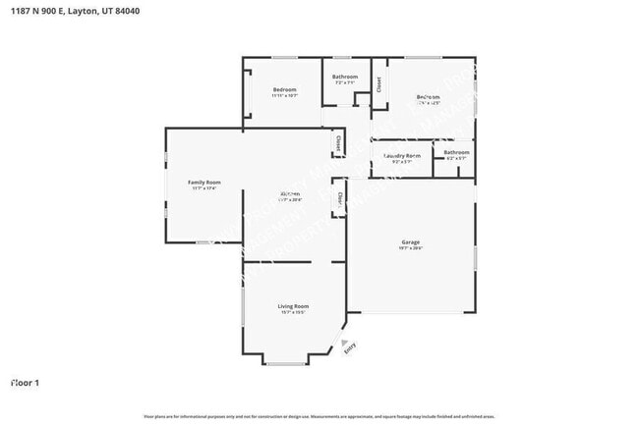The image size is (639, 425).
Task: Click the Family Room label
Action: coord(204,182)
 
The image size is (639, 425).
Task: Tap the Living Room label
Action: coord(294,306)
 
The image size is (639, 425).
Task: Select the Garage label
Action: coord(411,241)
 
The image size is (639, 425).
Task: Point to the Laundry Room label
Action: coord(401,155)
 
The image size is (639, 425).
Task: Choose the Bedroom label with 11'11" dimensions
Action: coord(284,89)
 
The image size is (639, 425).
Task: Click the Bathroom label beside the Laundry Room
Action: coord(456,152)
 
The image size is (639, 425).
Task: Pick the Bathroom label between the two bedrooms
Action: coord(345,77)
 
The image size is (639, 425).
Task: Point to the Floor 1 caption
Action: coord(25,382)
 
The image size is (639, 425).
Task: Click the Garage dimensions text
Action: coord(411,248)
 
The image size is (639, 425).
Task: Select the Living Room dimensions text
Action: coord(294,313)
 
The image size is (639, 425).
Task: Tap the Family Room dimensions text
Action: coord(204,188)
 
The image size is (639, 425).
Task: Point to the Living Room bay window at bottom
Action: coord(284,364)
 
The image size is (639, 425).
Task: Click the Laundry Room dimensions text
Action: coord(401,162)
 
